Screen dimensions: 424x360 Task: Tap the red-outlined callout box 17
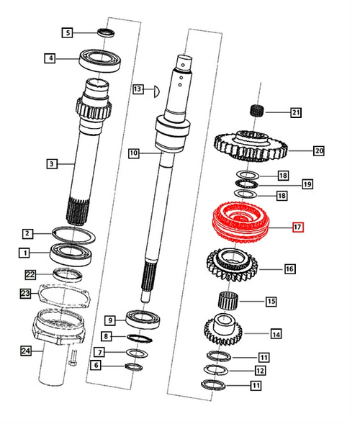pyautogui.click(x=297, y=227)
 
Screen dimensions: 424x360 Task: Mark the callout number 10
pyautogui.click(x=133, y=153)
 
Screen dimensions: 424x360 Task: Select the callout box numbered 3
pyautogui.click(x=51, y=164)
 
